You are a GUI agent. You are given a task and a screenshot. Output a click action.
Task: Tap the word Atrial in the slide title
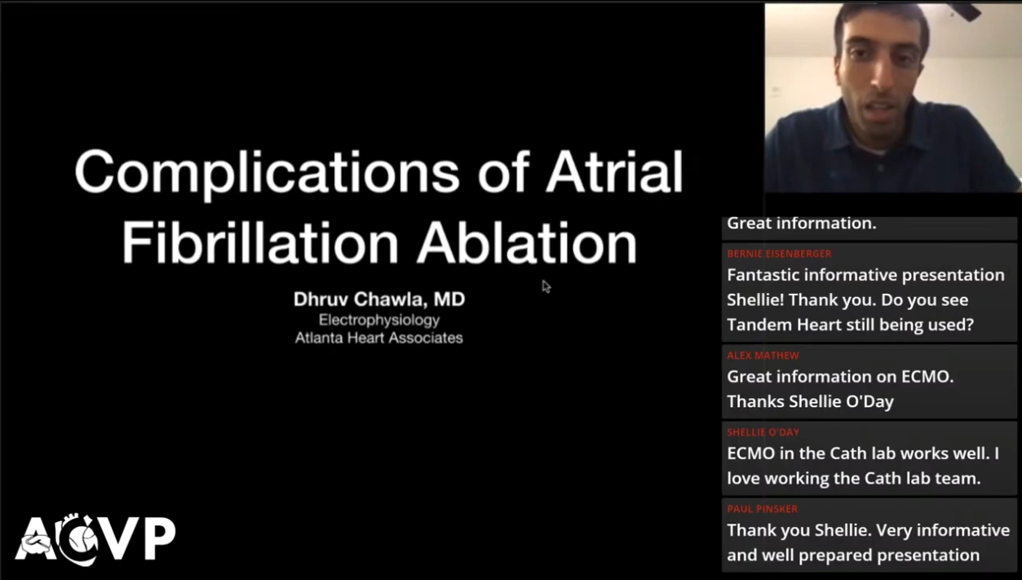[614, 171]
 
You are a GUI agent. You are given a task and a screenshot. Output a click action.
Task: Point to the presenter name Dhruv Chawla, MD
[379, 299]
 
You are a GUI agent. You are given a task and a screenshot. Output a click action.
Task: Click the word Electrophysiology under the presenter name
[379, 321]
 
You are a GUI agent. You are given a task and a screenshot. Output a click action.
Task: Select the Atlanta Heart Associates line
[378, 339]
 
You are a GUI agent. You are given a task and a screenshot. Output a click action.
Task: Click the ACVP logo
[95, 539]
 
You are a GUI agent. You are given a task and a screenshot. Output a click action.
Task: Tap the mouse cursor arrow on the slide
[546, 286]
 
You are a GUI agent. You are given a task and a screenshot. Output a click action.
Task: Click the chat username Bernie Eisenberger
[779, 254]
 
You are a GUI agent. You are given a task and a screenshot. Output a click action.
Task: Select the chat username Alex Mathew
[763, 356]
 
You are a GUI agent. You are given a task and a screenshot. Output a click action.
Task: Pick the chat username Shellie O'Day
[763, 432]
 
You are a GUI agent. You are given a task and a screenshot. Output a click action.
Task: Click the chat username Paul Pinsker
[763, 509]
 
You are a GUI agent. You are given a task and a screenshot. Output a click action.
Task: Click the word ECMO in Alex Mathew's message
[927, 377]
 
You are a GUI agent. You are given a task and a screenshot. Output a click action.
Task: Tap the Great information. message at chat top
[802, 224]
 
